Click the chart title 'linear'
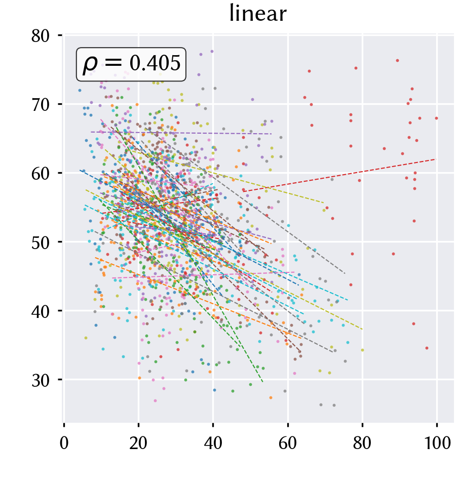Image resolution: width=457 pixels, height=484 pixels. (x=258, y=14)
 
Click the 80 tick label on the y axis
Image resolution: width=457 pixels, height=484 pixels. (x=41, y=36)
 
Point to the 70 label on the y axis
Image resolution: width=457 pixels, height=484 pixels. (x=41, y=105)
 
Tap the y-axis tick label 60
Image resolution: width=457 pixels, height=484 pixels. (x=41, y=174)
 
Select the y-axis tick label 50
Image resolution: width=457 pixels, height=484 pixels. (x=41, y=243)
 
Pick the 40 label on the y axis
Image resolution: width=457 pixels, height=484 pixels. (x=41, y=312)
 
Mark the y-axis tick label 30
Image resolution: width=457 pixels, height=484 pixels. (x=41, y=381)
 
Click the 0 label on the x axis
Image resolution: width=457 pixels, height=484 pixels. (x=64, y=443)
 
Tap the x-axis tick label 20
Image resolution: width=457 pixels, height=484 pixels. (x=138, y=443)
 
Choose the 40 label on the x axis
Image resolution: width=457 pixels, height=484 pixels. (x=213, y=443)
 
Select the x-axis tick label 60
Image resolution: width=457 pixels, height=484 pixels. (x=288, y=443)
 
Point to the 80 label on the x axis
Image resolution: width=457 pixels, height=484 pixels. (x=362, y=443)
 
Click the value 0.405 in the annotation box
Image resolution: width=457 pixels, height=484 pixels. (x=155, y=63)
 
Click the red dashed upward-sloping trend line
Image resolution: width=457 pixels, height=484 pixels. (x=339, y=175)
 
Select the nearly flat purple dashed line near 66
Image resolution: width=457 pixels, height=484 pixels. (x=181, y=133)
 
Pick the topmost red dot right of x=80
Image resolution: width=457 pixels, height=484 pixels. (x=397, y=61)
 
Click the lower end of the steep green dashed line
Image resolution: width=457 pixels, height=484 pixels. (x=262, y=382)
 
